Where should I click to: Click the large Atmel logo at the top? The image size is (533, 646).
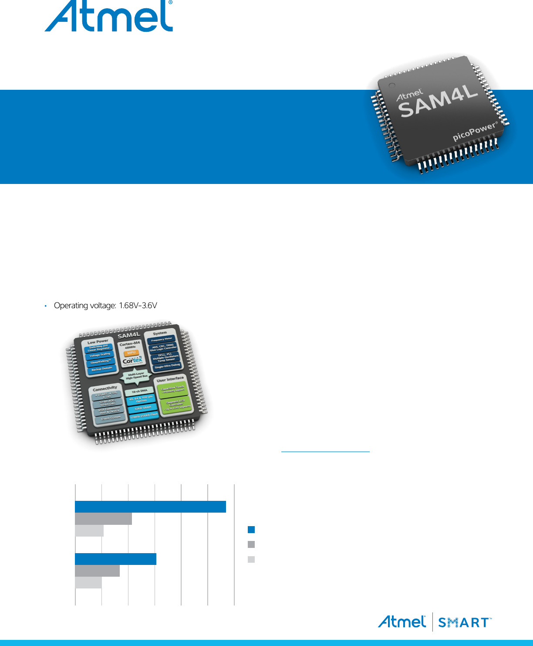[109, 17]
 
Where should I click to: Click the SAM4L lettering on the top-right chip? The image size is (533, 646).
[439, 102]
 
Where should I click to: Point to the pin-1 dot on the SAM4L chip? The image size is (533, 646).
[391, 85]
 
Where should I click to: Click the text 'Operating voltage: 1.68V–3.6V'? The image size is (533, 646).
[105, 306]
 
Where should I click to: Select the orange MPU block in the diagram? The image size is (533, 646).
[131, 353]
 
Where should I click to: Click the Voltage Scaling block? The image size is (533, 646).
[100, 355]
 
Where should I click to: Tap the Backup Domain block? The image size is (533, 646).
[102, 369]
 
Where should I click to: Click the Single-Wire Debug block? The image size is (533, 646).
[167, 366]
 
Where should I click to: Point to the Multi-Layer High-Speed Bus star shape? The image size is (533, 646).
[137, 377]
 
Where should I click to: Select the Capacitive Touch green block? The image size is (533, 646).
[172, 389]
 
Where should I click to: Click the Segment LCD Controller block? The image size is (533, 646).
[175, 405]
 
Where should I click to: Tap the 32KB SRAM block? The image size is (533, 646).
[143, 408]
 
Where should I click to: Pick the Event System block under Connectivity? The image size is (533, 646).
[111, 418]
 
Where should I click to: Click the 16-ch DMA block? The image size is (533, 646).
[139, 391]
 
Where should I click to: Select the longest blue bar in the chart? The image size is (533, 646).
[150, 507]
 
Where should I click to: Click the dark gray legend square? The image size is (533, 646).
[251, 544]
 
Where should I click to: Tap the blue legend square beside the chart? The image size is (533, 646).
[251, 530]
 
